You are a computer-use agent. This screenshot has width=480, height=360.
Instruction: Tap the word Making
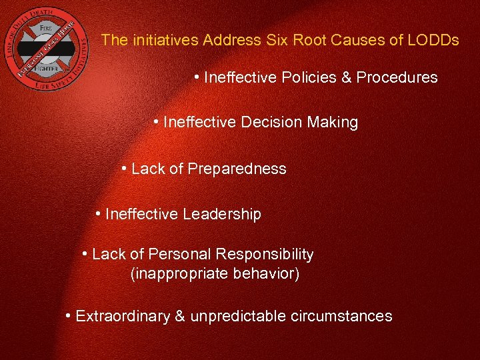click(333, 123)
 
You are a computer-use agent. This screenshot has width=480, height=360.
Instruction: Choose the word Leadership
click(222, 215)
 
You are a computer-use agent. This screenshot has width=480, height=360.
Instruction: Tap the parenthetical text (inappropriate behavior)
click(215, 274)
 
